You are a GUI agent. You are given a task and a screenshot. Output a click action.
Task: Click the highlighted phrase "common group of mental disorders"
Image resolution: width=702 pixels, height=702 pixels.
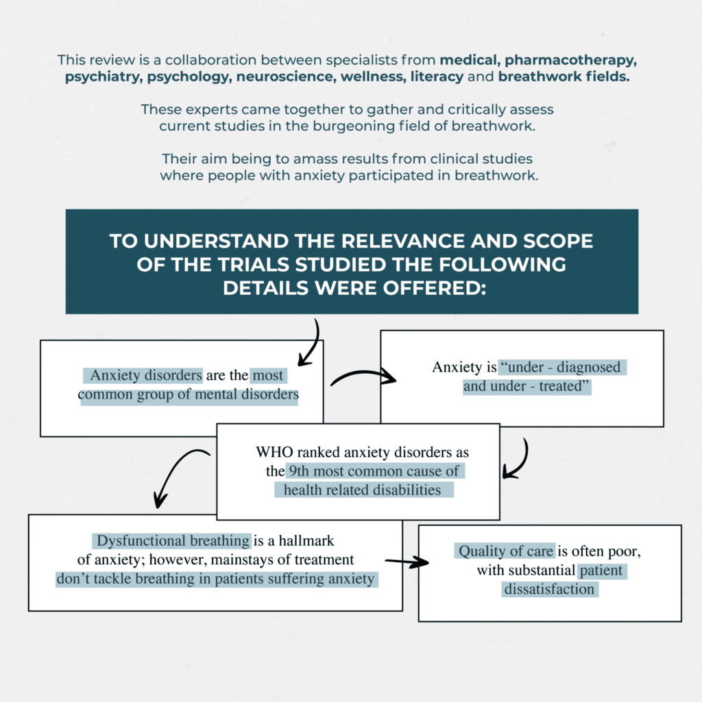189,395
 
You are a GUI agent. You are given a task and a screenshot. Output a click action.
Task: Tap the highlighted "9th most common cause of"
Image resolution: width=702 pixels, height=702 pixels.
374,472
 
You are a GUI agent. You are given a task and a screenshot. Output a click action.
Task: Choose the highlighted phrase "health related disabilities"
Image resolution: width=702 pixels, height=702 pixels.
363,489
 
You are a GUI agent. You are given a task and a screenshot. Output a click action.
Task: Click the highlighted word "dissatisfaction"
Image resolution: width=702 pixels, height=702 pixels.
550,589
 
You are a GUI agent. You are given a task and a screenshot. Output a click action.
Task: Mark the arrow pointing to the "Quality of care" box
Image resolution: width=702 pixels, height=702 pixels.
409,562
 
